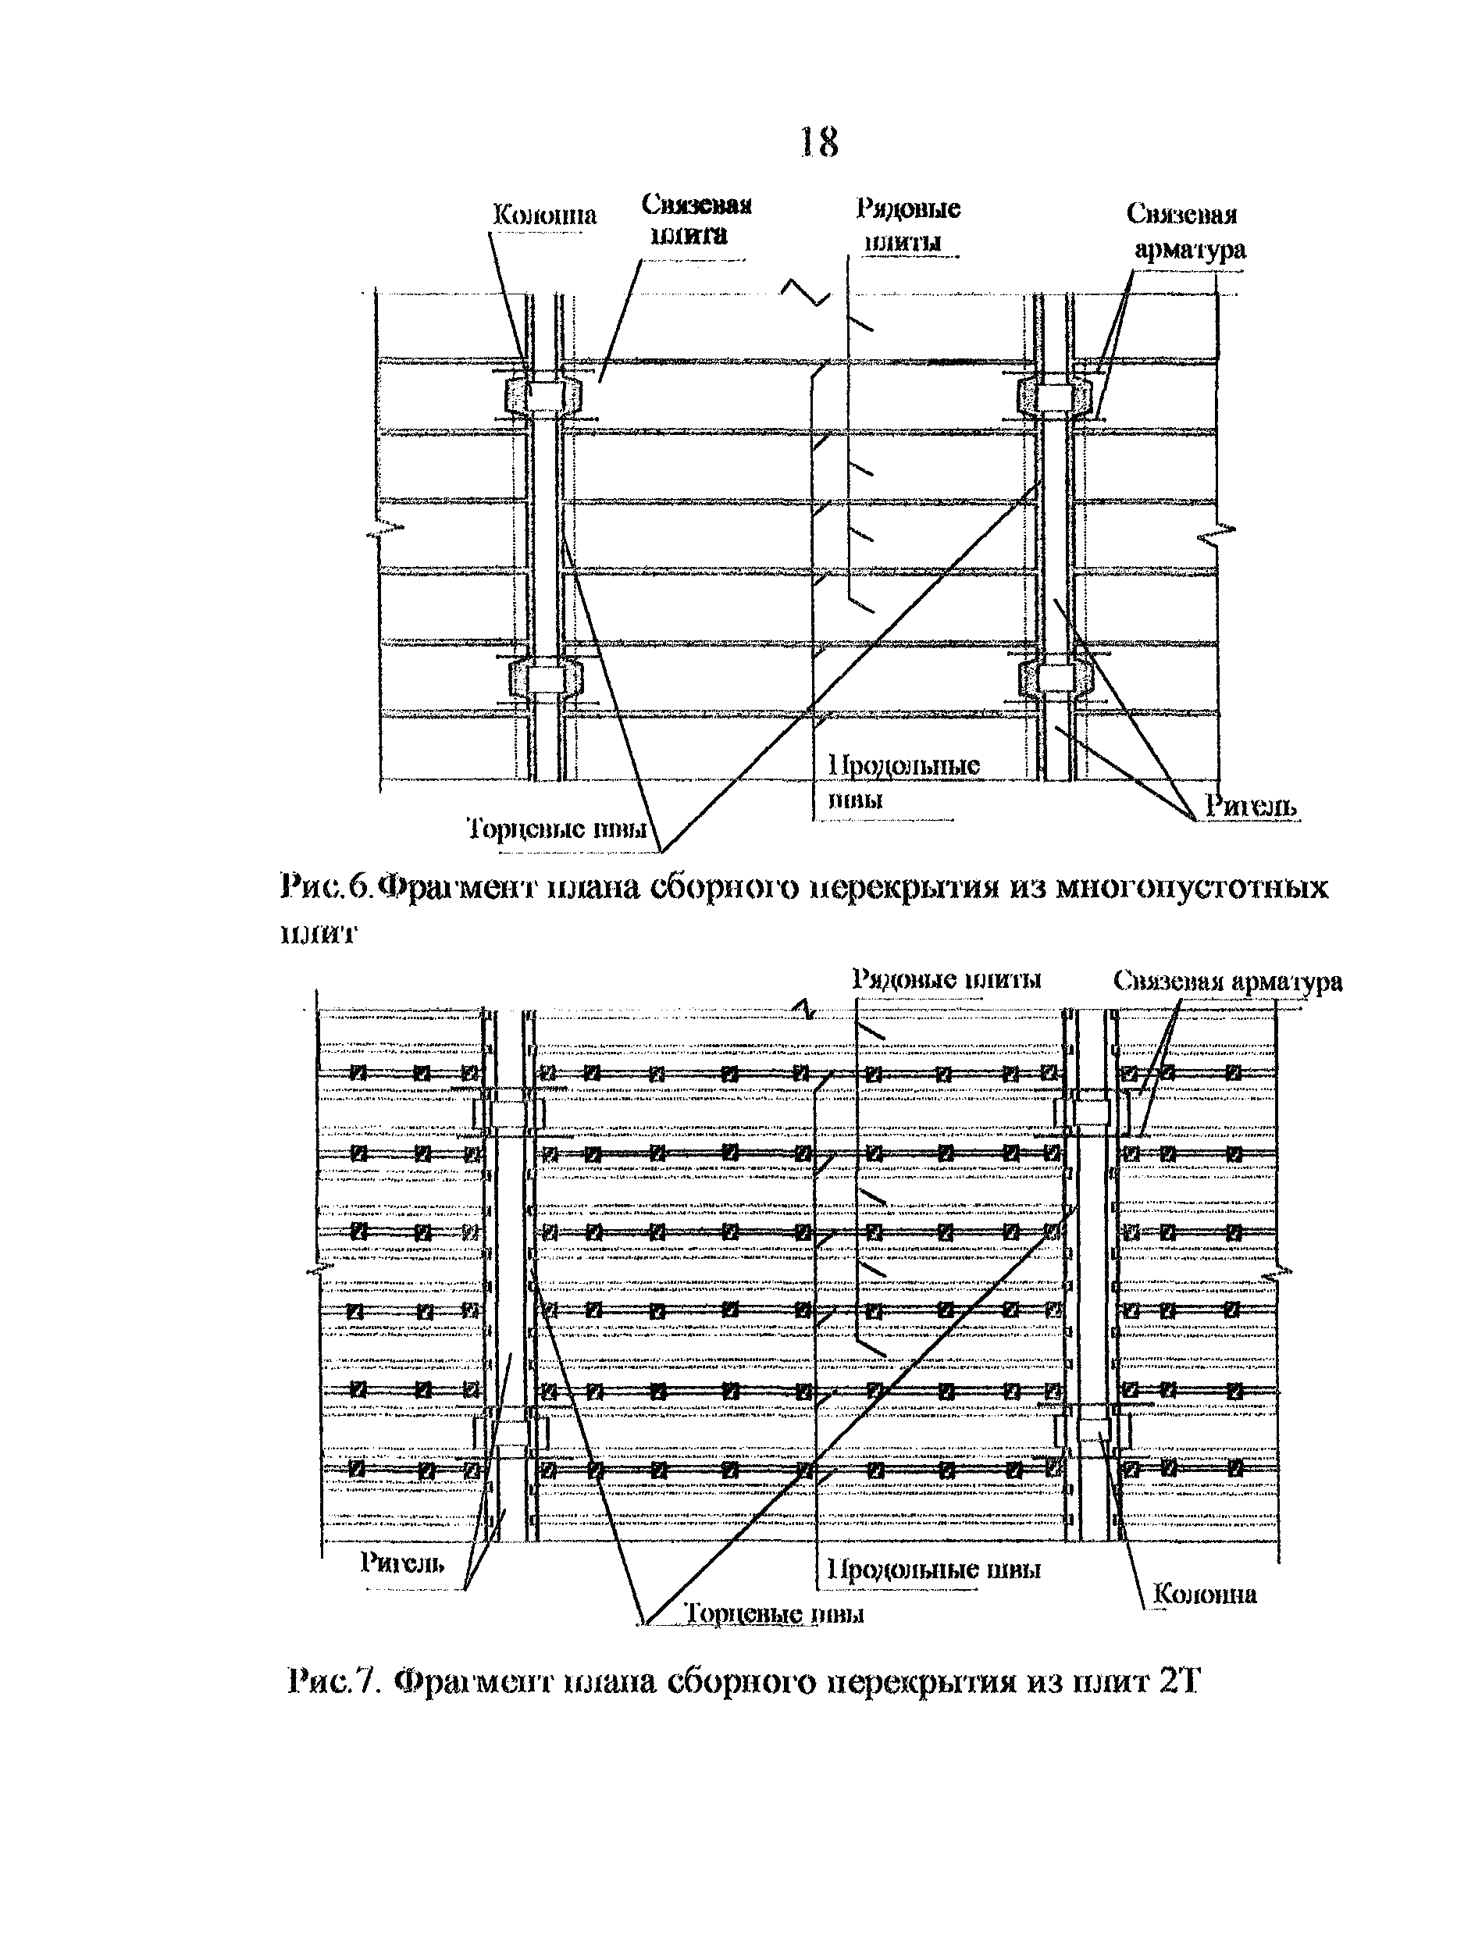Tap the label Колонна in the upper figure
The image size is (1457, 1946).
click(543, 215)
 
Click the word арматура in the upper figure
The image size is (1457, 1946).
click(1189, 250)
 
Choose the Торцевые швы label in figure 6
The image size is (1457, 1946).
click(556, 828)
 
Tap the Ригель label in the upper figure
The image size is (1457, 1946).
click(1249, 804)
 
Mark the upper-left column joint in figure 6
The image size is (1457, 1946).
click(544, 396)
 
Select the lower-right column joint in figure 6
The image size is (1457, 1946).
click(1054, 676)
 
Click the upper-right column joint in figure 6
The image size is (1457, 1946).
click(1054, 396)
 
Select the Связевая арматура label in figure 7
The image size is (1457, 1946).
click(1227, 981)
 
